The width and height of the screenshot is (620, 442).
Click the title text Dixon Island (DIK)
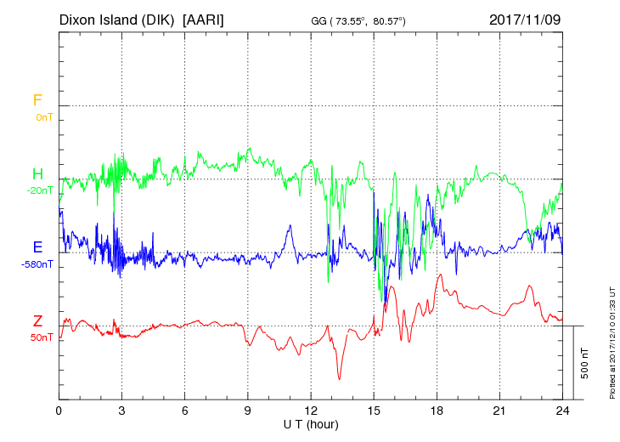(117, 19)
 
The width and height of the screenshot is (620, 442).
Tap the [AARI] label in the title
(203, 19)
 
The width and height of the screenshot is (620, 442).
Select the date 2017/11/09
(525, 19)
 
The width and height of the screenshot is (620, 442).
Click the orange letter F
(37, 100)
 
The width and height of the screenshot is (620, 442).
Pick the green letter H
(37, 174)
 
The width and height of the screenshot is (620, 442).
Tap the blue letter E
(37, 247)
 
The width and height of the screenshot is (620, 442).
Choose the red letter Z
(37, 321)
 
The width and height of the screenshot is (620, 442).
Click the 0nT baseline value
(44, 116)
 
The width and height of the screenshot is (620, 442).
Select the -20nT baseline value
(40, 190)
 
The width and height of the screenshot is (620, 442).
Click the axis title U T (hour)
(311, 423)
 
